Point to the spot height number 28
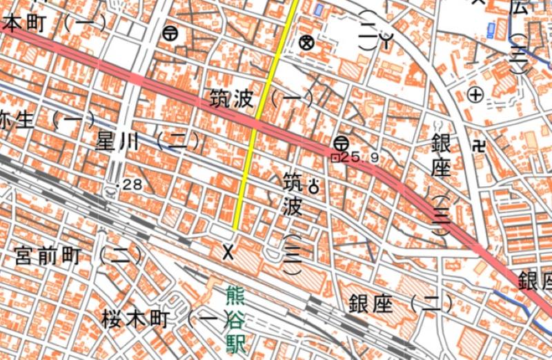tap(132, 185)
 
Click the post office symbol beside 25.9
tap(340, 143)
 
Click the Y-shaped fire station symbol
tap(388, 41)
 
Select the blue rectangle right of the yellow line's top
tap(318, 10)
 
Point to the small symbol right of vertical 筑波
tap(315, 185)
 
